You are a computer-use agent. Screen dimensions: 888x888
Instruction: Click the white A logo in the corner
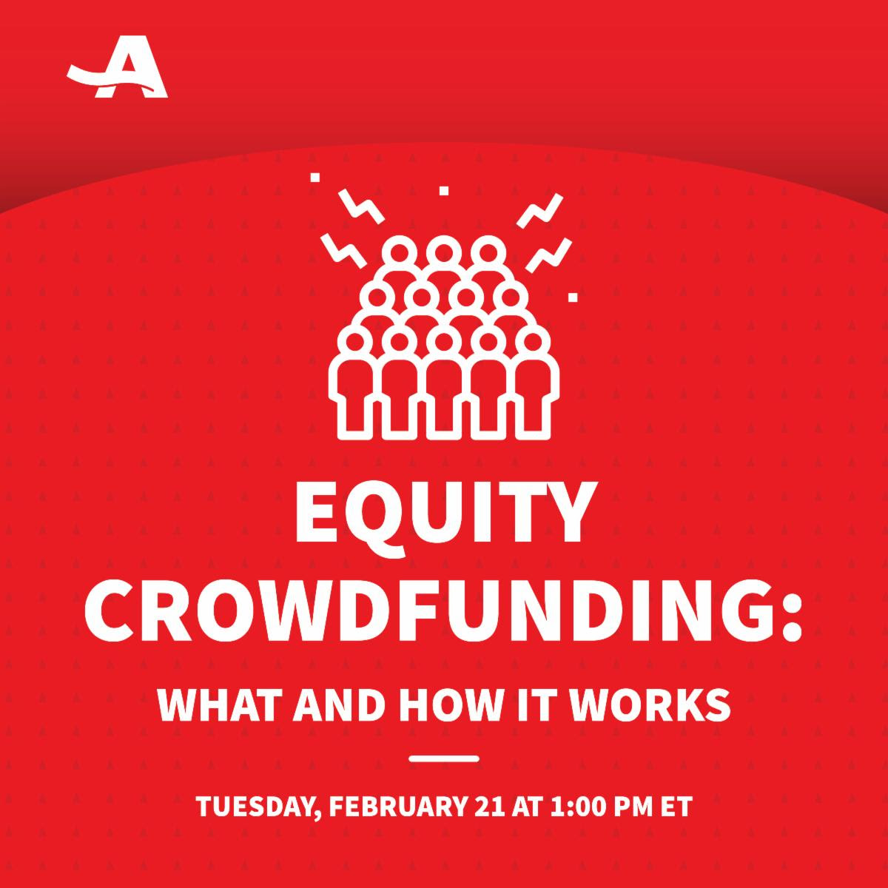tap(118, 67)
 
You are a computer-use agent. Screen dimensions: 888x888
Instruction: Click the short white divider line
tap(444, 759)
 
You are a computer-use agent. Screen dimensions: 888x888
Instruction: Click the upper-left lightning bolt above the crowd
tap(361, 206)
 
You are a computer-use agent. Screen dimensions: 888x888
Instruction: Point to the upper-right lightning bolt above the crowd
tap(539, 211)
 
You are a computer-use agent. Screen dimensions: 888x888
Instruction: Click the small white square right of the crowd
tap(573, 297)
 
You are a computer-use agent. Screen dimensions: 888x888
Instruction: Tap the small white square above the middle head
tap(444, 190)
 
